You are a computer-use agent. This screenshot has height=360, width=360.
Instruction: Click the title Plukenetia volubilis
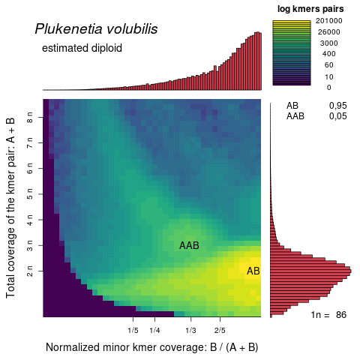[96, 29]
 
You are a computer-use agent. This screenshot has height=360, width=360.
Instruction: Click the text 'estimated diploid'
[82, 49]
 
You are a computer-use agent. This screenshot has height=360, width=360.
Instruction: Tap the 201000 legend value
[329, 21]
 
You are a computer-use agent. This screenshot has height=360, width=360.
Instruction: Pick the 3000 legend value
[329, 43]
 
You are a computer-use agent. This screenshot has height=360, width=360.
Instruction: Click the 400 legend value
[329, 54]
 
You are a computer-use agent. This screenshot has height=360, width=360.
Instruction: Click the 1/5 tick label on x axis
[133, 330]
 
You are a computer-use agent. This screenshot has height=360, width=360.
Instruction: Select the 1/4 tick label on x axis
[155, 330]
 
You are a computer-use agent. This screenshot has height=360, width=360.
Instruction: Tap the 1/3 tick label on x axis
[190, 330]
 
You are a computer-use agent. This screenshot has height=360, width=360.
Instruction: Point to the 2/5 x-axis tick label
[220, 330]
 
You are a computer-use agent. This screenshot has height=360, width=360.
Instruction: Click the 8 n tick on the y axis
[31, 118]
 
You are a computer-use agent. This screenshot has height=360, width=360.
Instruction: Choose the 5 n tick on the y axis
[31, 194]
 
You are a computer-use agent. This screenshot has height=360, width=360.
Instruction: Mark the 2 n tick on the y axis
[31, 270]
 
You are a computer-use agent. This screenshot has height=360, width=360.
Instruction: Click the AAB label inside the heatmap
[189, 246]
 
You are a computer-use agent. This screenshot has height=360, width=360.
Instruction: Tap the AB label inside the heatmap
[253, 271]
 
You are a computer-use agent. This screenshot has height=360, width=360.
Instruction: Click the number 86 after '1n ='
[342, 315]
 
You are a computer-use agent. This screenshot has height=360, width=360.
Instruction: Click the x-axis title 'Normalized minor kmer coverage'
[152, 347]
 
